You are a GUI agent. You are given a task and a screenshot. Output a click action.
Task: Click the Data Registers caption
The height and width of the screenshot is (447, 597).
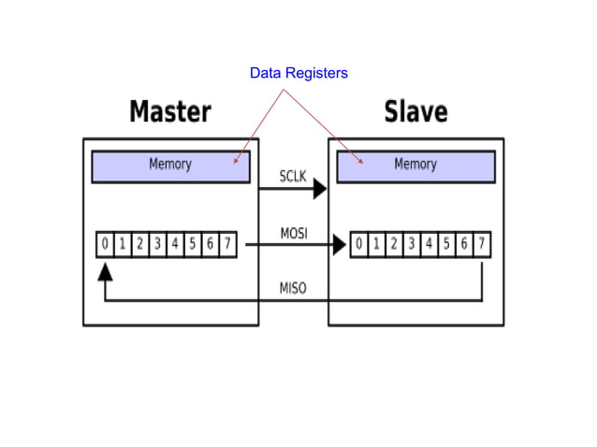pos(298,73)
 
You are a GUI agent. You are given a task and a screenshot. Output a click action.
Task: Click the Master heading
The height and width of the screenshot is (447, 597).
pos(170,112)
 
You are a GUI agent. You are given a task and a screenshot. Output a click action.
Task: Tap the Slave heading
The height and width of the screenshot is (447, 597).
pos(415,112)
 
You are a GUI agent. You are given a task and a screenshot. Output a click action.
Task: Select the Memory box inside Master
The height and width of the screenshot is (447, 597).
pos(170,166)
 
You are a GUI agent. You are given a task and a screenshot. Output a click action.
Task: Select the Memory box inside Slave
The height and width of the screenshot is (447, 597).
pos(415,166)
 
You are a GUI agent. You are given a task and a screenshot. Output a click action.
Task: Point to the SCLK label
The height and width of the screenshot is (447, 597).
pos(293,176)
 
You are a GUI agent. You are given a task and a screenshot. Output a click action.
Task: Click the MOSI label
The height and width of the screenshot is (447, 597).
pos(293,233)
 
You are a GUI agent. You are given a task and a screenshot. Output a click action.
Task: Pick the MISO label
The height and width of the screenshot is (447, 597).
pos(293,288)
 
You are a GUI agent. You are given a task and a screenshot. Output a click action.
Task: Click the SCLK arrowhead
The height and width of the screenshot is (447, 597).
pos(319,189)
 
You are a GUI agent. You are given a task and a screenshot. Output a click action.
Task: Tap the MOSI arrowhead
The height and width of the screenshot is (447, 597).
pos(338,246)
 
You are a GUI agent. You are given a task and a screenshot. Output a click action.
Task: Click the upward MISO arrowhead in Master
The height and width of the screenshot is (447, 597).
pos(105,271)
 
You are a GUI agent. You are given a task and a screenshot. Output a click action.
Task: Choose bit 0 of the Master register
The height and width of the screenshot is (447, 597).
pos(105,245)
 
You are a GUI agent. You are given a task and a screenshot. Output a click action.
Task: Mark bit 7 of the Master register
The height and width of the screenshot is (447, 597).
pos(227,245)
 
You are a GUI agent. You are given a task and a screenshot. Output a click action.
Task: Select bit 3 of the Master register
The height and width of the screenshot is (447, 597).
pos(157,245)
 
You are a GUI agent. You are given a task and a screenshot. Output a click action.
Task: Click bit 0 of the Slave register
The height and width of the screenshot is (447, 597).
pos(359,245)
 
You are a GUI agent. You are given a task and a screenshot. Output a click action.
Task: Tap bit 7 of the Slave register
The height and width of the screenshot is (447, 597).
pos(482,245)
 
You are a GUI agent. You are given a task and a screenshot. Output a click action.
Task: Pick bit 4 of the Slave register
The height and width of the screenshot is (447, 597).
pos(430,245)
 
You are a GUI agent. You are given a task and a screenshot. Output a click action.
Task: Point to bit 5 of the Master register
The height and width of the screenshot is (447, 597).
pos(193,245)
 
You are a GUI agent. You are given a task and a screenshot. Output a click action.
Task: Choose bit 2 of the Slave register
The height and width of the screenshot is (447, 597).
pos(394,245)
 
